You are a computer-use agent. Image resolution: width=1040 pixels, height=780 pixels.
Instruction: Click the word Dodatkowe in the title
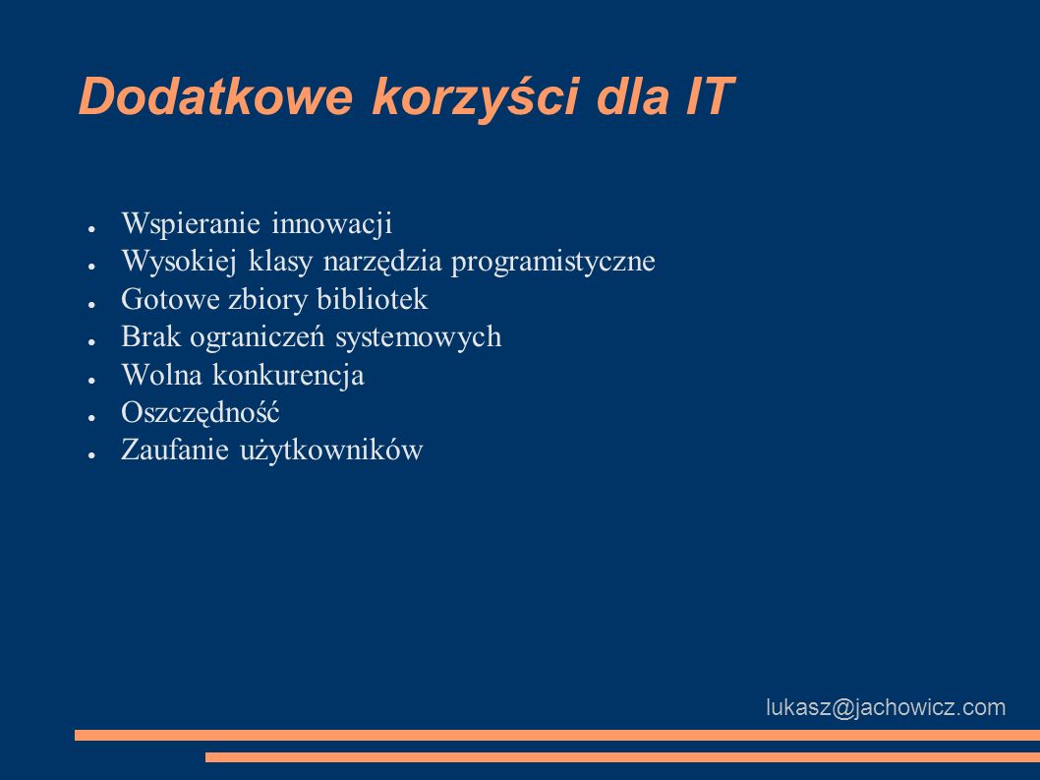(215, 97)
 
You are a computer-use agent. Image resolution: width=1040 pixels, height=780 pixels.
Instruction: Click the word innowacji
(331, 223)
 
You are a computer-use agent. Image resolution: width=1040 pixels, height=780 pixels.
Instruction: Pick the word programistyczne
(553, 262)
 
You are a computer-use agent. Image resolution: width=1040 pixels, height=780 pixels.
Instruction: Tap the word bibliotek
(373, 299)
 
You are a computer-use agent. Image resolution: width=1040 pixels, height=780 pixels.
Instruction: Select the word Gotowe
(170, 299)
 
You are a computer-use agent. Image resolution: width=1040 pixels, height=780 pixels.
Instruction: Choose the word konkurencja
(288, 375)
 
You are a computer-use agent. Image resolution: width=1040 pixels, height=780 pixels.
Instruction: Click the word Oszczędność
(201, 413)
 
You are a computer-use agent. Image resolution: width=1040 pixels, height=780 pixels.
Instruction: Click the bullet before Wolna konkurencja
(92, 380)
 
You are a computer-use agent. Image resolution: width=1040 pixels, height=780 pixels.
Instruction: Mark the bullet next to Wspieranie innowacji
(92, 228)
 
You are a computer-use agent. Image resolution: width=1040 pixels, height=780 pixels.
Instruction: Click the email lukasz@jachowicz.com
(886, 707)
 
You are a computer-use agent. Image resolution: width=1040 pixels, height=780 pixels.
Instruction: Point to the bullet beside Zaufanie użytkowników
(92, 455)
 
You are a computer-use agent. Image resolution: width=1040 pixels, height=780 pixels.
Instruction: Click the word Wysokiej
(179, 262)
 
